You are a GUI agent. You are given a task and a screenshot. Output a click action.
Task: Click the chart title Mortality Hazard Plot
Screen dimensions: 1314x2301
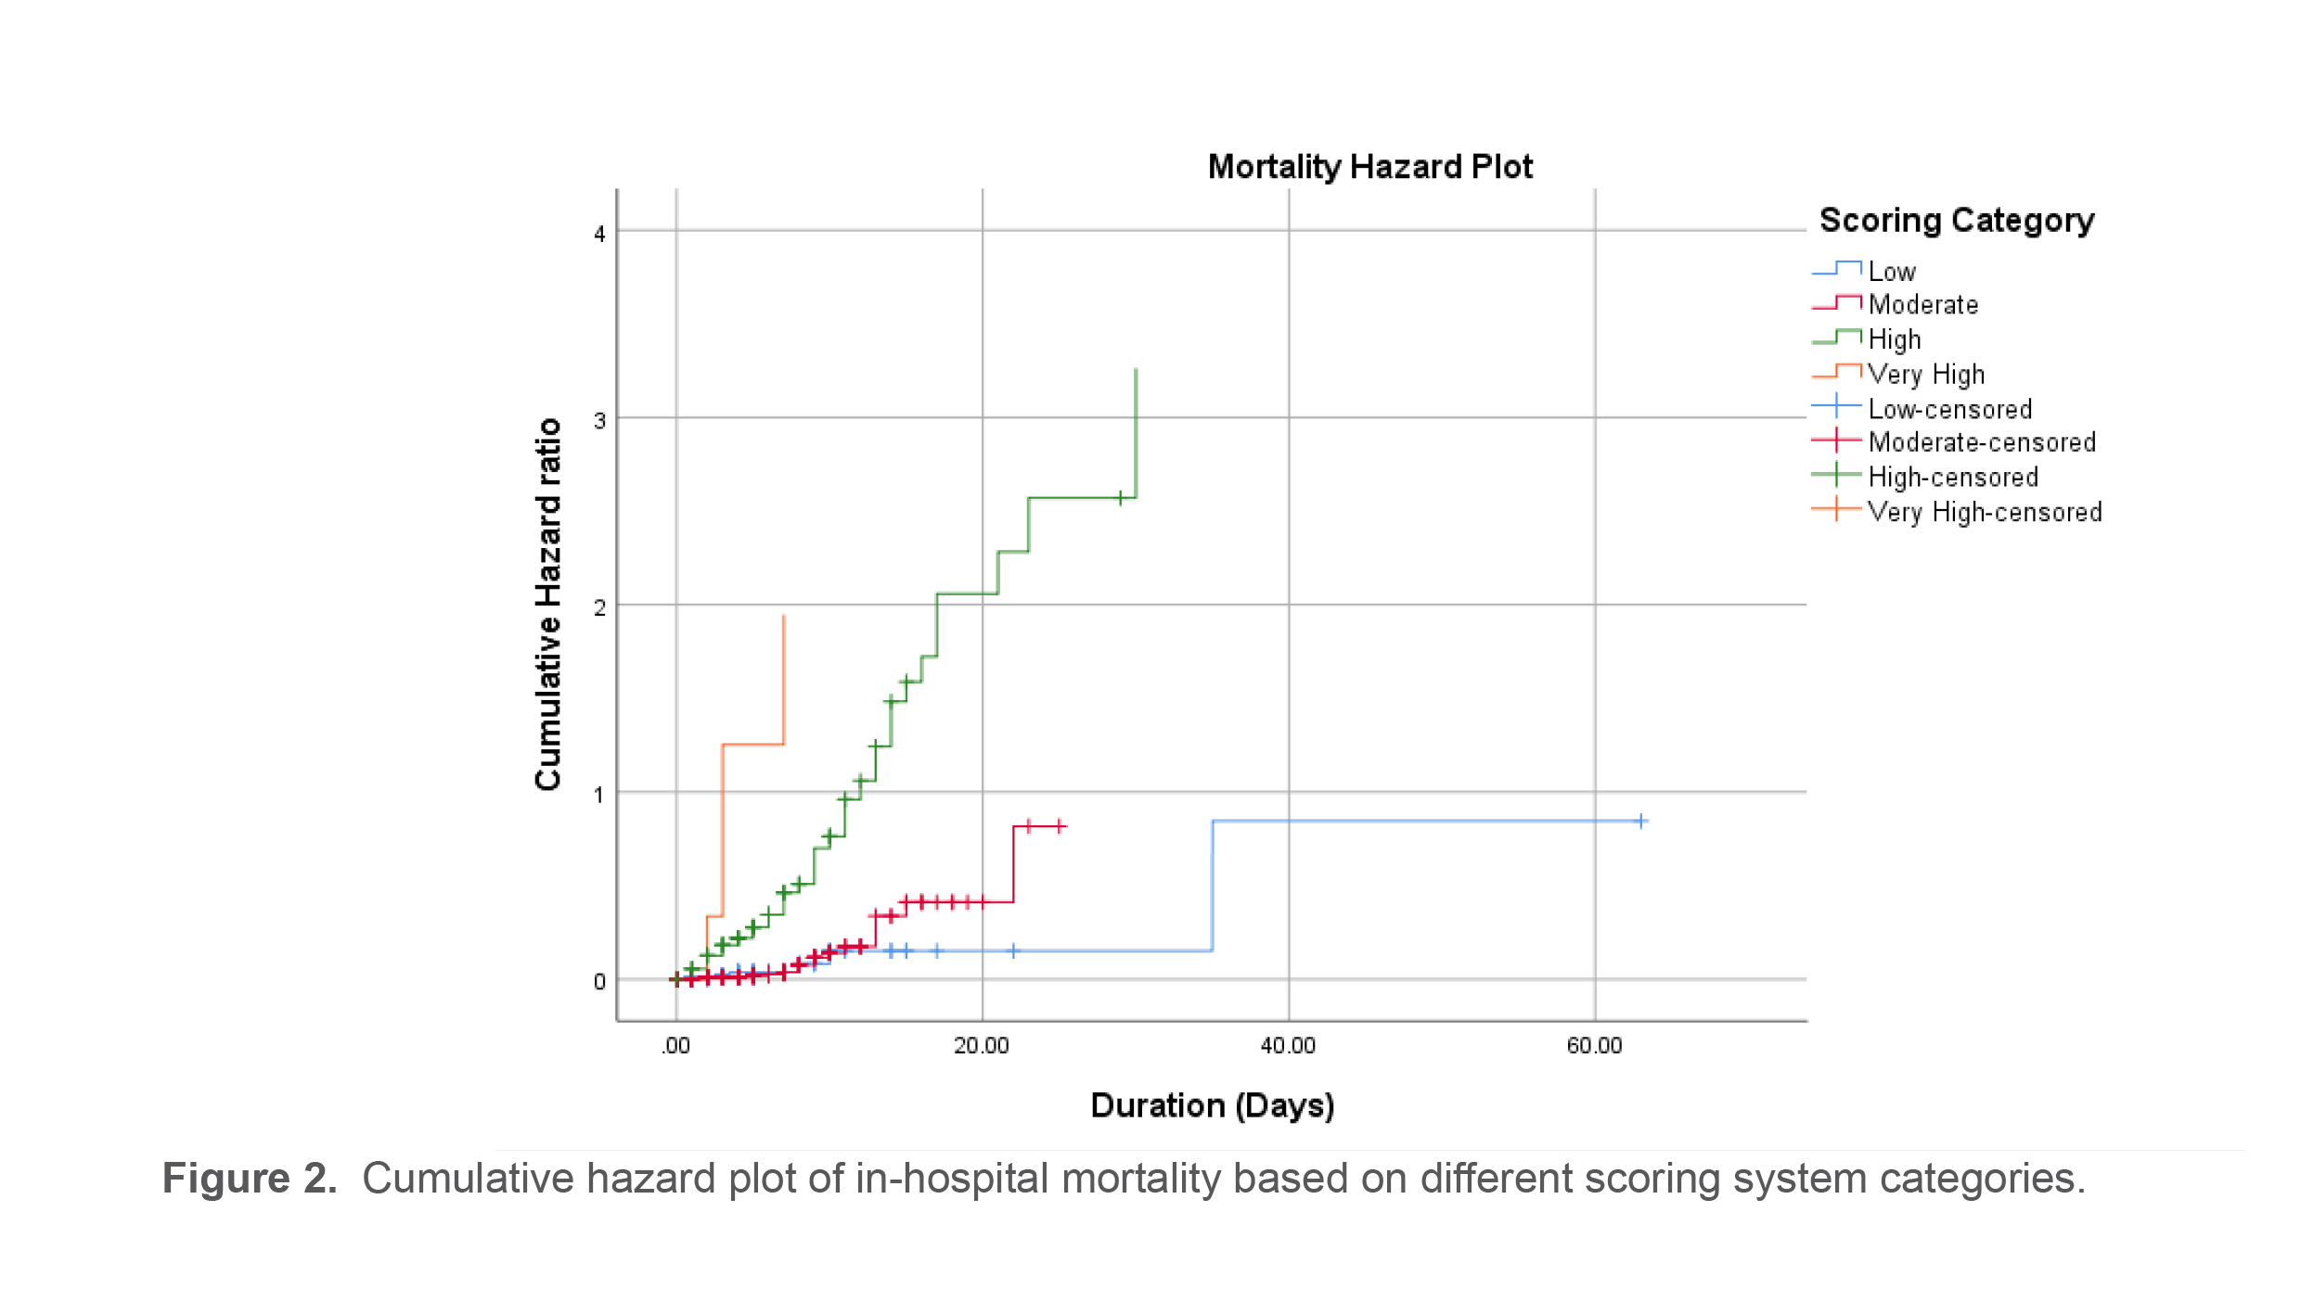1369,167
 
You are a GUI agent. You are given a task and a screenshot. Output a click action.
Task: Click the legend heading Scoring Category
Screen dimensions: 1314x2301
1956,221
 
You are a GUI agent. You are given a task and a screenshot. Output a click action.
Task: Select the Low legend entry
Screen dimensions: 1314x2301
1891,272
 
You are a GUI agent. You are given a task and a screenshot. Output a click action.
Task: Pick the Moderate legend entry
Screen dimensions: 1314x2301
1922,305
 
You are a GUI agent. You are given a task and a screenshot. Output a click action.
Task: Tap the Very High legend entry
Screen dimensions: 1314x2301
1925,375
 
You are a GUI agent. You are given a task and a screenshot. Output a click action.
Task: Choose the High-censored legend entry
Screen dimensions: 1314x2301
1952,478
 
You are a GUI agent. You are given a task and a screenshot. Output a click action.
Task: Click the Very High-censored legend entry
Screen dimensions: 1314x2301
1984,512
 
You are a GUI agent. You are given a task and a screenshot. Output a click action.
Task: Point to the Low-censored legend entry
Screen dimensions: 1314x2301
1949,409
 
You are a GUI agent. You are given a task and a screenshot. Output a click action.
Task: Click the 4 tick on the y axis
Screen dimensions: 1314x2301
599,234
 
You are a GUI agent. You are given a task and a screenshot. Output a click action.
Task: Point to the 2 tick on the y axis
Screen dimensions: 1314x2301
599,608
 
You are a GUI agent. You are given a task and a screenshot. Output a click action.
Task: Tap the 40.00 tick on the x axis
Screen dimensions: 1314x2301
1288,1046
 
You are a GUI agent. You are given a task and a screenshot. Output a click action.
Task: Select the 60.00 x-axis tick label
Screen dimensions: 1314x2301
1594,1046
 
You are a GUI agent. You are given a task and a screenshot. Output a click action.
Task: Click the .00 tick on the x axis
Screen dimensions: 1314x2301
675,1046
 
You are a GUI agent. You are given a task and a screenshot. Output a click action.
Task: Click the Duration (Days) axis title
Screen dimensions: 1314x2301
1212,1105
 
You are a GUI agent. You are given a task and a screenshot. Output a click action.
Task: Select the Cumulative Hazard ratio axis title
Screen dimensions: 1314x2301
548,604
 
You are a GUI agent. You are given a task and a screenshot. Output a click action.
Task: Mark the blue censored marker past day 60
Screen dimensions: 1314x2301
1640,821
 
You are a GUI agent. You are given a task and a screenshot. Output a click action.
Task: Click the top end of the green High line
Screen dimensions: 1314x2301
1136,370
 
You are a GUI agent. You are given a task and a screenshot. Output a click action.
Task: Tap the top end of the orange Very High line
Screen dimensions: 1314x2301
784,616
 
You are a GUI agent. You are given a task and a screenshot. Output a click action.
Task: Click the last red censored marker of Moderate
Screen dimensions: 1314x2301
1060,825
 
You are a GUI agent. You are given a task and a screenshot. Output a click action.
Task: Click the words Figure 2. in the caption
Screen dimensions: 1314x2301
249,1179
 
